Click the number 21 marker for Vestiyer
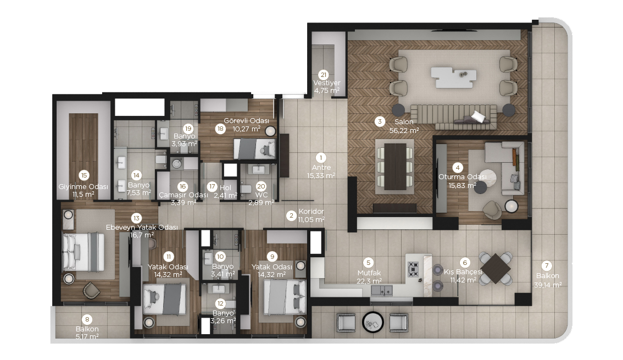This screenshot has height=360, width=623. [324, 75]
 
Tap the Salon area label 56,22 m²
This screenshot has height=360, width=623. [404, 130]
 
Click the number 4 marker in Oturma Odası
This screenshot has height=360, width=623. [458, 168]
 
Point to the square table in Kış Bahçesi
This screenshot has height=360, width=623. [496, 268]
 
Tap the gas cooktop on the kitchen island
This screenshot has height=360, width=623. [413, 269]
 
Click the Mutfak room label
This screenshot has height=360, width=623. [369, 273]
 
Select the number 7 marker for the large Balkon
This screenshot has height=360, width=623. [547, 266]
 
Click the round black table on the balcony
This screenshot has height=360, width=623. [373, 322]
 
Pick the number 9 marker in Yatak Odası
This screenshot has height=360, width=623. [272, 257]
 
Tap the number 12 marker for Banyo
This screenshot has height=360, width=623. [220, 303]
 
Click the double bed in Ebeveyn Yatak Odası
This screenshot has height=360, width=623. [84, 252]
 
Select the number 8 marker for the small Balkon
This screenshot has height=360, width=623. [87, 319]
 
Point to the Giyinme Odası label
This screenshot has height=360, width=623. [83, 187]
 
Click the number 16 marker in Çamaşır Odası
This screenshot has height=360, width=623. [182, 186]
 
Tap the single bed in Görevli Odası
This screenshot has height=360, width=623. [255, 148]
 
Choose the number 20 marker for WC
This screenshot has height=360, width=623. [261, 186]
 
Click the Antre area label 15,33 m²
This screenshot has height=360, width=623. [321, 176]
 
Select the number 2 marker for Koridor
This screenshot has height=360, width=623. [291, 215]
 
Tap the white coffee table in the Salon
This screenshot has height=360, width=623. [454, 77]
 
